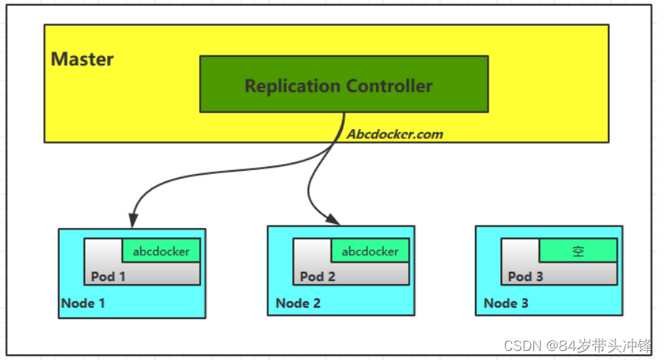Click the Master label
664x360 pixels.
82,59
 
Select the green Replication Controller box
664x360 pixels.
343,84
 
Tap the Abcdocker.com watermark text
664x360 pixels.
395,134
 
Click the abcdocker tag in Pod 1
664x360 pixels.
161,251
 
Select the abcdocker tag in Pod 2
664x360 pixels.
370,251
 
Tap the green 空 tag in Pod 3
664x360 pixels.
578,251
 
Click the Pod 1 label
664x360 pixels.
109,276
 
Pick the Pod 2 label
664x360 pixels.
318,276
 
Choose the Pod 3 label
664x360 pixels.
526,276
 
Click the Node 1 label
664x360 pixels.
84,304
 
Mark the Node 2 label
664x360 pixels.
298,304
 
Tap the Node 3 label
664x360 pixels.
506,304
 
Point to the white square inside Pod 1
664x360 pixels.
103,251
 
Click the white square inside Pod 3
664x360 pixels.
520,251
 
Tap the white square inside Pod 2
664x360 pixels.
312,251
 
